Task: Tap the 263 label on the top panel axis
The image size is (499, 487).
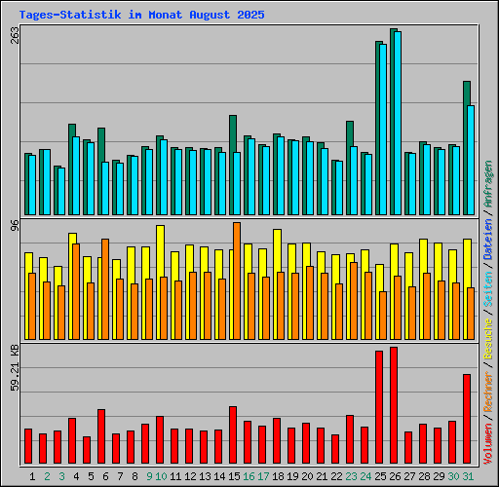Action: click(15, 35)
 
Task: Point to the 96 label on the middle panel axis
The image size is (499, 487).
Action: click(15, 226)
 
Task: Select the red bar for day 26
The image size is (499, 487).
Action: click(394, 405)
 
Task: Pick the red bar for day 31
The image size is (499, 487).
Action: click(467, 419)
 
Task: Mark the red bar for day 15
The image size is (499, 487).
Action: click(233, 434)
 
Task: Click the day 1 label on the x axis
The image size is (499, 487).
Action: click(33, 476)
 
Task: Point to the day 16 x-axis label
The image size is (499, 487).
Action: click(249, 476)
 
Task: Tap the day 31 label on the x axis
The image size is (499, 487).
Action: click(468, 476)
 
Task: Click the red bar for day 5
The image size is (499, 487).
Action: click(101, 436)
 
